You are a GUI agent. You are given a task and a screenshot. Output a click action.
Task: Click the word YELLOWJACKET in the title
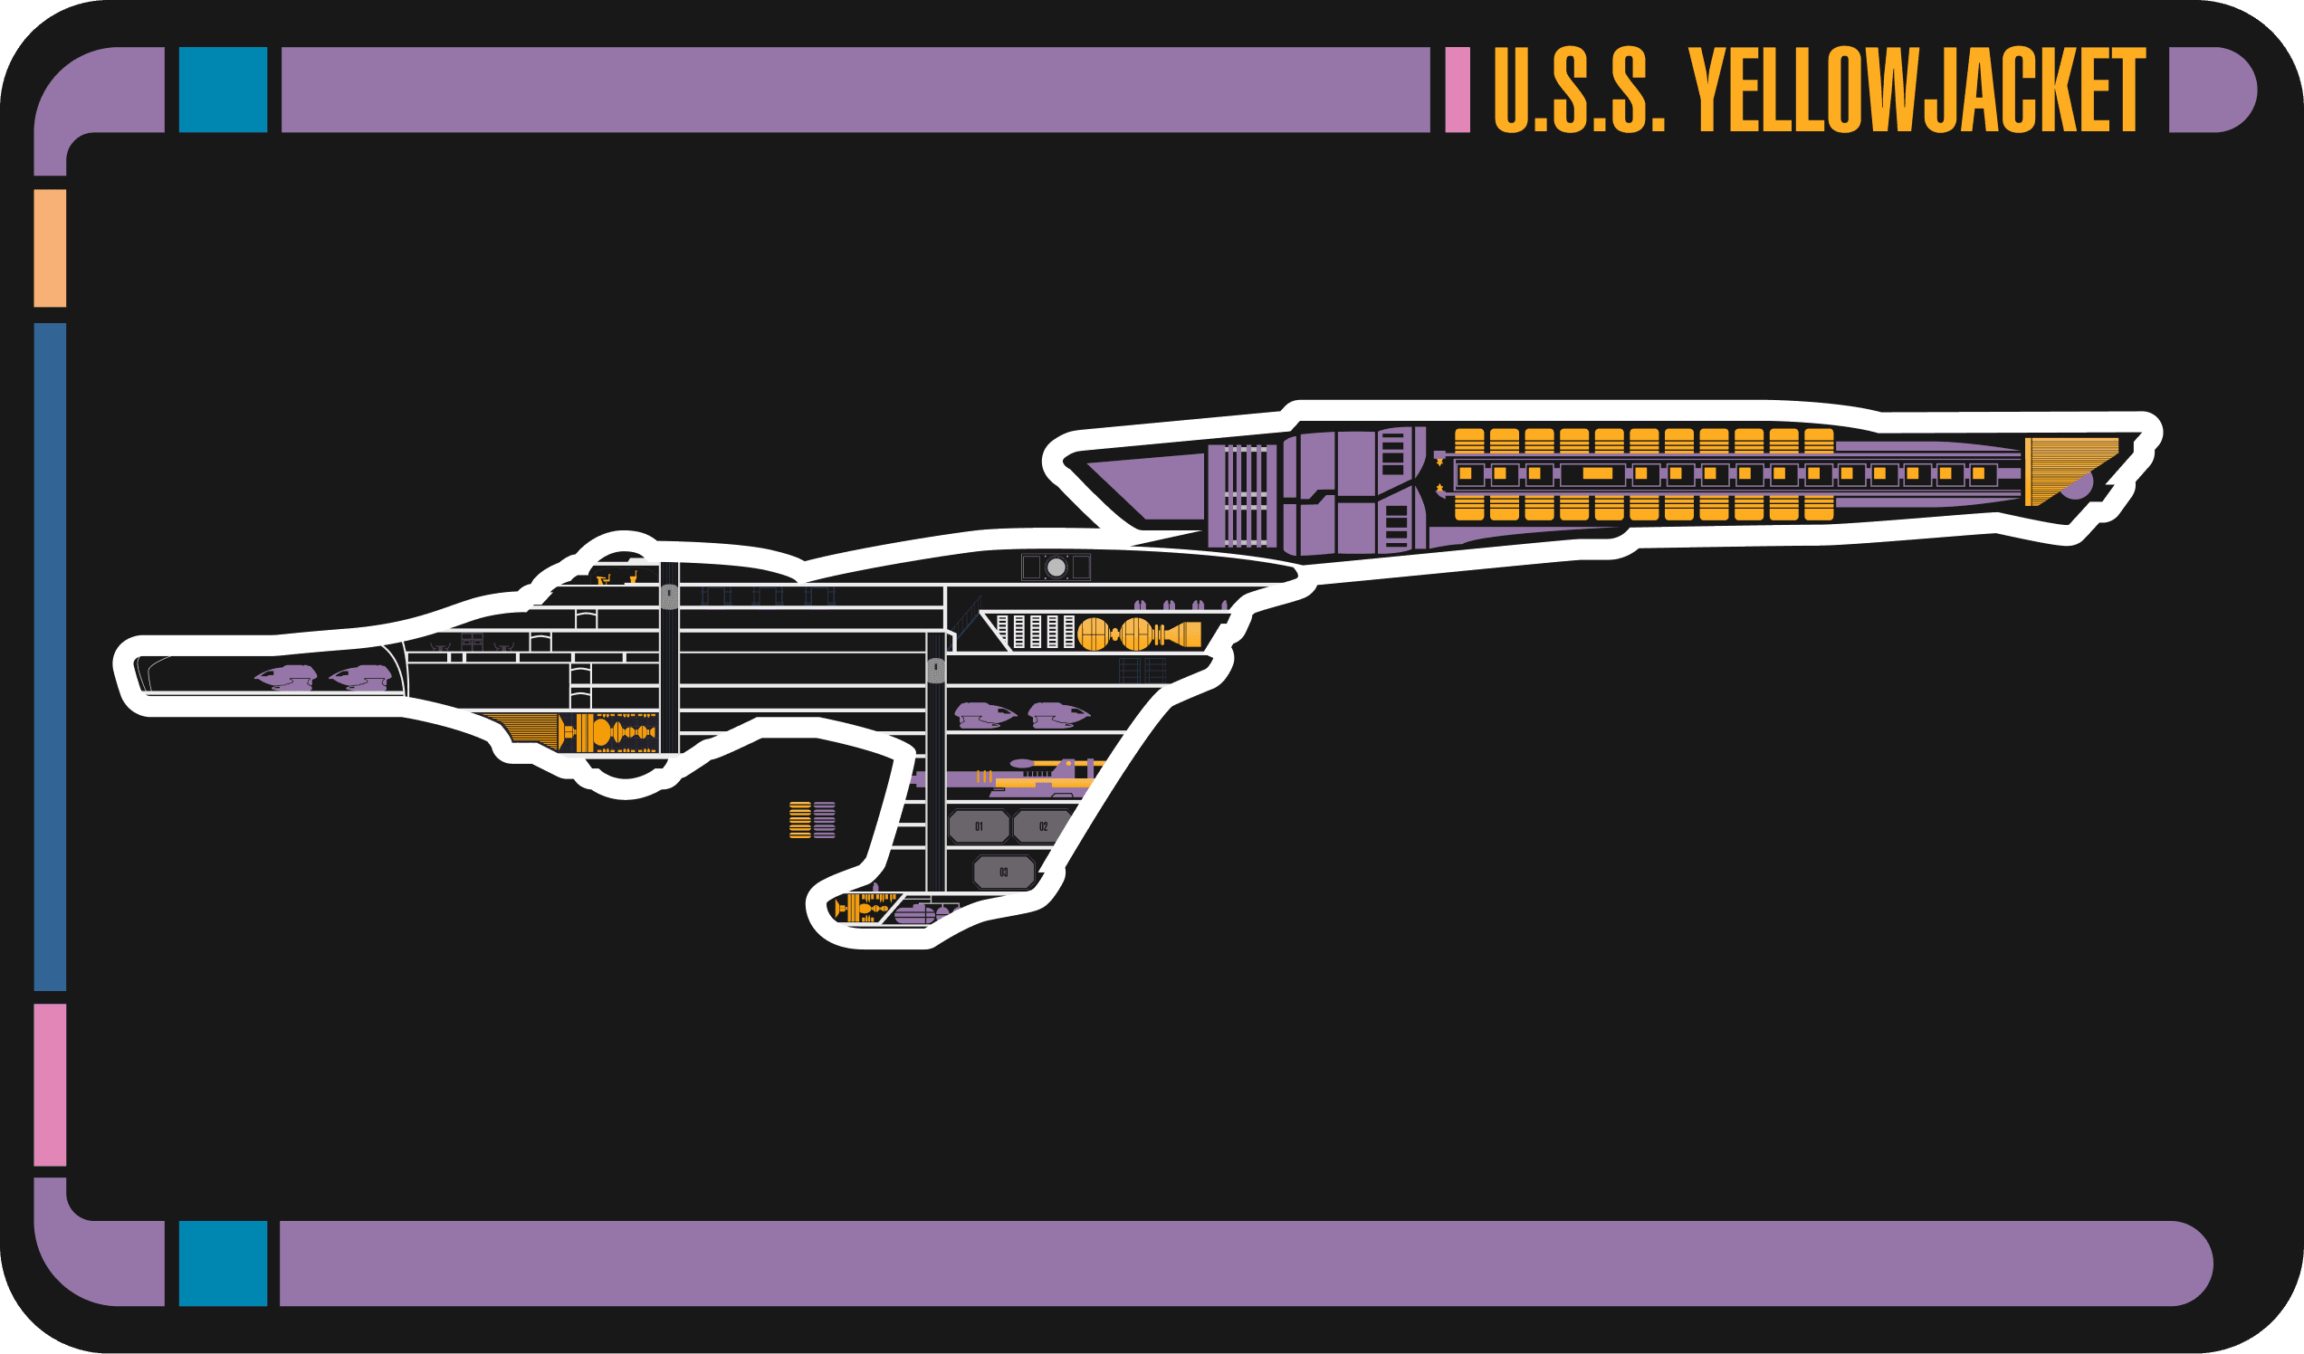pos(1917,90)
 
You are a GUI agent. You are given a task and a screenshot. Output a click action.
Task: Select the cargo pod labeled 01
pos(979,826)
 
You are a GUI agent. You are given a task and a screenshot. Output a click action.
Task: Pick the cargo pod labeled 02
pos(1042,826)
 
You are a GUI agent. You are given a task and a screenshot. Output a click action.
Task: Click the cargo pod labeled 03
pos(1003,872)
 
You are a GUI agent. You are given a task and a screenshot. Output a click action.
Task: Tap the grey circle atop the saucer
pos(1056,567)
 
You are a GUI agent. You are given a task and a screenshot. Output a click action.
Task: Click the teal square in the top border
pos(223,90)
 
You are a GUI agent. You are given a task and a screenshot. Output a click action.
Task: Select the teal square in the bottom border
pos(223,1263)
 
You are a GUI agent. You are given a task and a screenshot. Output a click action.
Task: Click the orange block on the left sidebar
pos(51,248)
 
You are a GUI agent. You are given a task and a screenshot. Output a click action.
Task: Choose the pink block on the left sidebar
pos(51,1084)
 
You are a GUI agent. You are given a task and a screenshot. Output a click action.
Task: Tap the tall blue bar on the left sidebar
pos(51,656)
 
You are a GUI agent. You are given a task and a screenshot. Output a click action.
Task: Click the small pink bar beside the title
pos(1458,90)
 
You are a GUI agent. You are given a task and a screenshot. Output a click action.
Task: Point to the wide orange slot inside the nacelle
pos(1597,473)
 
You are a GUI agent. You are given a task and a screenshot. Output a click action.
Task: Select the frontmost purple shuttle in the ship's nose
pos(285,678)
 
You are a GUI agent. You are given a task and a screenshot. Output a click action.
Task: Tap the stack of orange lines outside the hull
pos(800,820)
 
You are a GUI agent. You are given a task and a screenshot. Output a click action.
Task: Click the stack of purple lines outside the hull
pos(825,820)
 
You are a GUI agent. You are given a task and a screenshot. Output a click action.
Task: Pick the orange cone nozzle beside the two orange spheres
pos(1184,633)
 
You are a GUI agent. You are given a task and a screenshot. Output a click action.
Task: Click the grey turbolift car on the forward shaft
pos(669,596)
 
